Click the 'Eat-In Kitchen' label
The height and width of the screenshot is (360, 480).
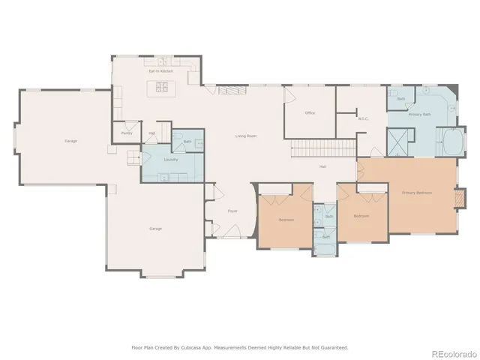point(160,71)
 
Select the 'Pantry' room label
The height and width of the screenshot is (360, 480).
point(126,133)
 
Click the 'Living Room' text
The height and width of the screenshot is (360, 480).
point(246,136)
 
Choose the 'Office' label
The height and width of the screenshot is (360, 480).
point(309,113)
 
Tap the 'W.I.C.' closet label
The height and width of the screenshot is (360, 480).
point(363,118)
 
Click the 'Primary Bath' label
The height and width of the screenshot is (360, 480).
point(420,115)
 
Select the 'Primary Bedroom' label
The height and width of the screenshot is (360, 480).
point(417,193)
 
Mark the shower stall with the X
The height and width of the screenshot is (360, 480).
point(397,141)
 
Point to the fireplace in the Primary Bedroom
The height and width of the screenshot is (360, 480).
point(452,199)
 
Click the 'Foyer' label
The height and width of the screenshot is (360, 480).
point(232,211)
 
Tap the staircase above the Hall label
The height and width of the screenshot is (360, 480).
point(322,148)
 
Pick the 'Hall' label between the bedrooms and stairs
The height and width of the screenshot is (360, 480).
point(322,166)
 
